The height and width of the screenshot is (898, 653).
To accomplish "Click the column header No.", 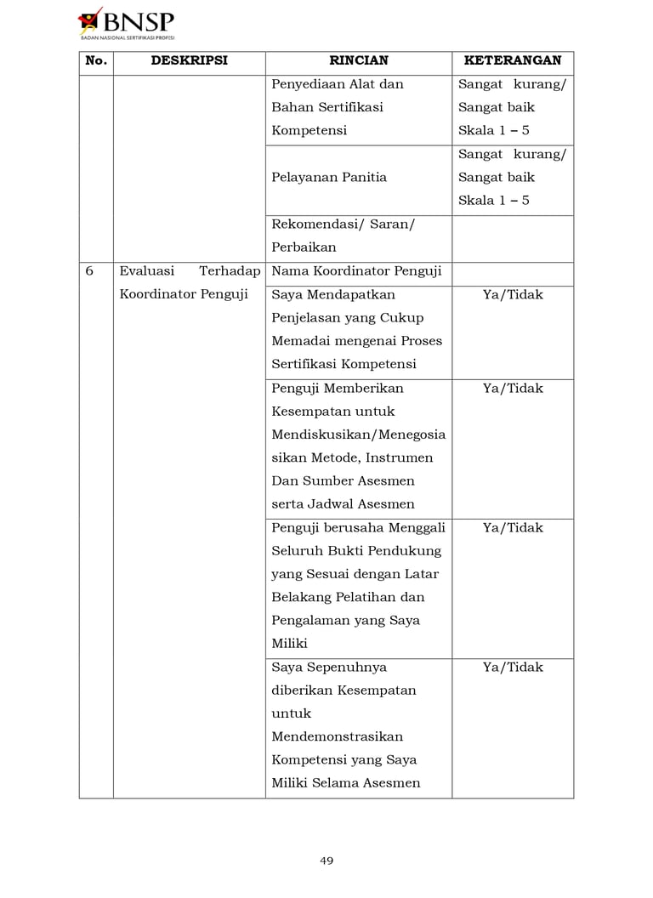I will (96, 61).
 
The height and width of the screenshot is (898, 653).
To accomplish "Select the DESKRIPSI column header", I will (189, 61).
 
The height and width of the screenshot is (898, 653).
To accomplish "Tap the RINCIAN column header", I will (358, 61).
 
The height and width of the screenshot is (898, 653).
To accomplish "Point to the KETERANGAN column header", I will (512, 61).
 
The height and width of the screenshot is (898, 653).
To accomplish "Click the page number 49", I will (326, 861).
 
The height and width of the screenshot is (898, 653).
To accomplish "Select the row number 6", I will (89, 271).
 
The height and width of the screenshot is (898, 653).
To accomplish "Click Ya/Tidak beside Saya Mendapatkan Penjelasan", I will (512, 295).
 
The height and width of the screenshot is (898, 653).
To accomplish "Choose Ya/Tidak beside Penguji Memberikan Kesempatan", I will (512, 389).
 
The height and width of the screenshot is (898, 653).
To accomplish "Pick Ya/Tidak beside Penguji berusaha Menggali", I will (512, 528).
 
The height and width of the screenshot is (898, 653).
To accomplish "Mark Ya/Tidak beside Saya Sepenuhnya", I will (512, 668).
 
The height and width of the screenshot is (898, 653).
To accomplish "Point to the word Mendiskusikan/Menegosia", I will (358, 435).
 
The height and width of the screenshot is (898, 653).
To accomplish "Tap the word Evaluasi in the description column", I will (147, 271).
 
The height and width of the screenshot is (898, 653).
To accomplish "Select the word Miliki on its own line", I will (290, 644).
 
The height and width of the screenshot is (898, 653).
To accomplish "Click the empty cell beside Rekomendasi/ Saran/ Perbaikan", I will (512, 238).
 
